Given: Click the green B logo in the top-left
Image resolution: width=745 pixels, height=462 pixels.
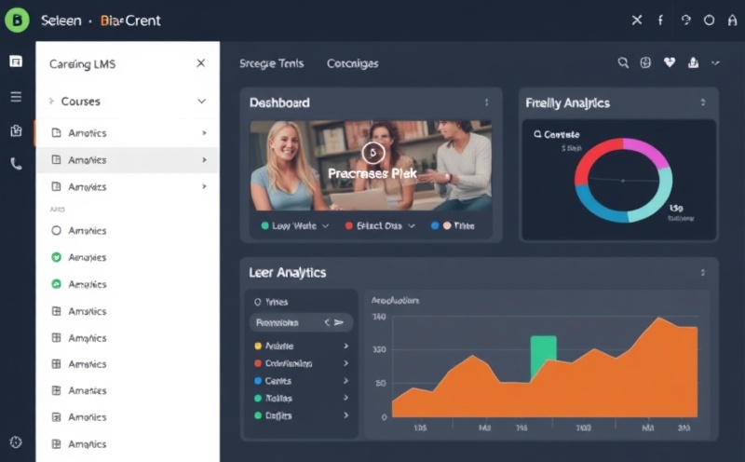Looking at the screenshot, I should [18, 19].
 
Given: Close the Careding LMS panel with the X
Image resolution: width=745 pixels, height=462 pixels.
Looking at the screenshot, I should [201, 63].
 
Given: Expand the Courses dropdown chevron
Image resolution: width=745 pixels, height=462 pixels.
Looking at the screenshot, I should [201, 101].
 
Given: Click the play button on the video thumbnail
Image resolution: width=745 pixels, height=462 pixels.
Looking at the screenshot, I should [372, 153].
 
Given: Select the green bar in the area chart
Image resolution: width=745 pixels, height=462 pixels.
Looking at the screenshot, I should [543, 357].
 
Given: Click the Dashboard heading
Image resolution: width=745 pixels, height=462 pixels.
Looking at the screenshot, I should [279, 102].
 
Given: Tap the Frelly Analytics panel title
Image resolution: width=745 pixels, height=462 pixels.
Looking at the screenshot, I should [567, 102].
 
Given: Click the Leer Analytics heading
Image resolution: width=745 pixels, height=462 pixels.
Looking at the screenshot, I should [288, 272].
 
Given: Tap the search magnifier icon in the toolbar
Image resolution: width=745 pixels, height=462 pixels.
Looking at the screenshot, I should [623, 63].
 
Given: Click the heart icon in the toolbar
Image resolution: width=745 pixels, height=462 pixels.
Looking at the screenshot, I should [669, 63].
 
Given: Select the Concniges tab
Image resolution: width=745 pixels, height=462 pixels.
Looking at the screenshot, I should [353, 64].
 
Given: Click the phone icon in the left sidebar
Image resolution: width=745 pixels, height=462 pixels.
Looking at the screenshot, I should [16, 163].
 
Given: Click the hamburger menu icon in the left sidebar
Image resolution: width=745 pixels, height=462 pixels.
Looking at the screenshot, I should [16, 96].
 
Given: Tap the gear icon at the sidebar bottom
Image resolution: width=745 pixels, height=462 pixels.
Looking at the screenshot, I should [16, 442].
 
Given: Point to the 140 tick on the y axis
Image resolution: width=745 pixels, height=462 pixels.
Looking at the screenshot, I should [379, 317].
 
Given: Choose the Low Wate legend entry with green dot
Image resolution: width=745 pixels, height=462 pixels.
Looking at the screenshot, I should [290, 225].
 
